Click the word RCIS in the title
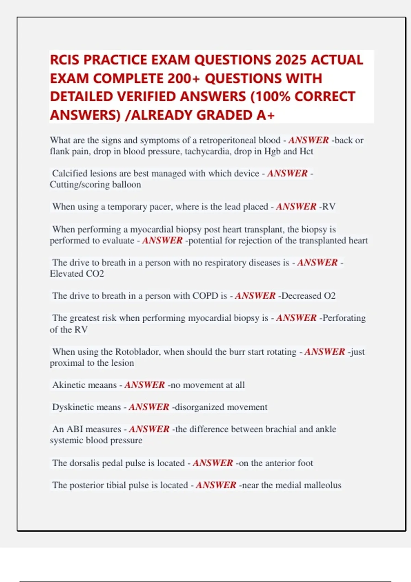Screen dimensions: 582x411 [65, 60]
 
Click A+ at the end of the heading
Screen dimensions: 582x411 [265, 115]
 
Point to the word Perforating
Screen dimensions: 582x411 [344, 318]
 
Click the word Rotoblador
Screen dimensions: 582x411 [137, 352]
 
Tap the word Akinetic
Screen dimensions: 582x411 [67, 385]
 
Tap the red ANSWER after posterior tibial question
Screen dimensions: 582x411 [216, 485]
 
